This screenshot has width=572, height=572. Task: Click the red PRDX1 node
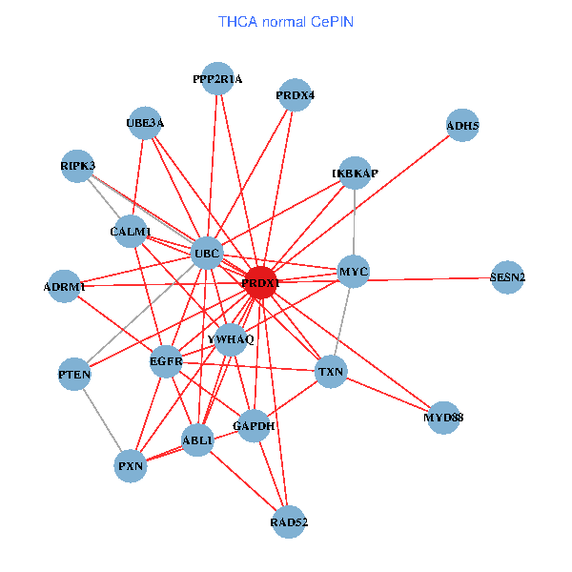pyautogui.click(x=259, y=284)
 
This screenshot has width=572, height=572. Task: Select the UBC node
pyautogui.click(x=207, y=254)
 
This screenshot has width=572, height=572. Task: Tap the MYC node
pyautogui.click(x=354, y=273)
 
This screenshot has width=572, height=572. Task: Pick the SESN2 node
pyautogui.click(x=507, y=277)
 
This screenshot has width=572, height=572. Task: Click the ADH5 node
pyautogui.click(x=462, y=125)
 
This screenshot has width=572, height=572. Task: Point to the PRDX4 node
pyautogui.click(x=295, y=95)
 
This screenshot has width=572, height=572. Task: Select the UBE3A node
pyautogui.click(x=145, y=122)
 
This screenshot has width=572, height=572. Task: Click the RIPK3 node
pyautogui.click(x=77, y=166)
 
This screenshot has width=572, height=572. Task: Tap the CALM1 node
pyautogui.click(x=131, y=232)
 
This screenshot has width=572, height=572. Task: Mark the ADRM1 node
pyautogui.click(x=65, y=286)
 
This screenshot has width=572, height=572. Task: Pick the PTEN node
pyautogui.click(x=74, y=375)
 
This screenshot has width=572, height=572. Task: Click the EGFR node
pyautogui.click(x=166, y=361)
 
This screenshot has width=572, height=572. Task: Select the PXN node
pyautogui.click(x=131, y=466)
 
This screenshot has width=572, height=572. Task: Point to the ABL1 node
pyautogui.click(x=197, y=440)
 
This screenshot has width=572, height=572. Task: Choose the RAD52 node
pyautogui.click(x=289, y=521)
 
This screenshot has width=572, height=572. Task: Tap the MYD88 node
pyautogui.click(x=443, y=418)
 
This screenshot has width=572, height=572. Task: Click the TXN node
pyautogui.click(x=331, y=371)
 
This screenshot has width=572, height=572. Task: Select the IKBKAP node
pyautogui.click(x=355, y=174)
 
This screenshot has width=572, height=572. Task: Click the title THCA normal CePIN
pyautogui.click(x=286, y=21)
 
